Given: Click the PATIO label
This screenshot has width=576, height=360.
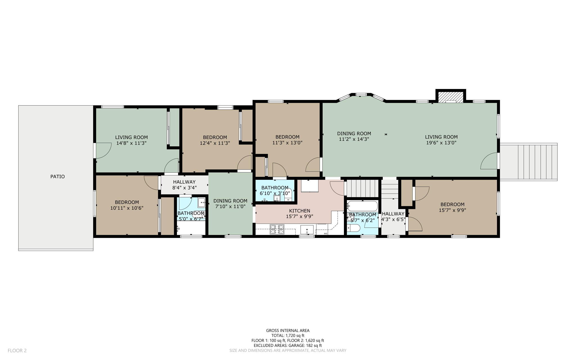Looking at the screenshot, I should [57, 176].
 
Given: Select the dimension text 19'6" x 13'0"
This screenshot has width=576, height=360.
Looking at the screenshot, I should [441, 143].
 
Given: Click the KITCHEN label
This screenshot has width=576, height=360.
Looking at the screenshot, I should [300, 211].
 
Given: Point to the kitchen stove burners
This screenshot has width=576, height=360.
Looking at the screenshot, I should [277, 229].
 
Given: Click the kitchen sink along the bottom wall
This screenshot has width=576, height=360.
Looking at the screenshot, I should [307, 230].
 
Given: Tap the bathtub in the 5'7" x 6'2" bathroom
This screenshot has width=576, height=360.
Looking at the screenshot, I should [363, 206].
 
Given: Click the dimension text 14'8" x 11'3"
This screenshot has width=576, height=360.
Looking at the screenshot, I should [131, 143].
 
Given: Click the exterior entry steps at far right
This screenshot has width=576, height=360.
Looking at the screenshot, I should [529, 162].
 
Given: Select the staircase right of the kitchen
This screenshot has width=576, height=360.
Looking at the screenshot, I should [363, 188].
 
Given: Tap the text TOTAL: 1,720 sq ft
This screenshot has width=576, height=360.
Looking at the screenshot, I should [288, 336].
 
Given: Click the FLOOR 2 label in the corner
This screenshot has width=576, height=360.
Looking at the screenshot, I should [17, 350].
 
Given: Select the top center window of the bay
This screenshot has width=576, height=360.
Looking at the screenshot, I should [361, 95].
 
